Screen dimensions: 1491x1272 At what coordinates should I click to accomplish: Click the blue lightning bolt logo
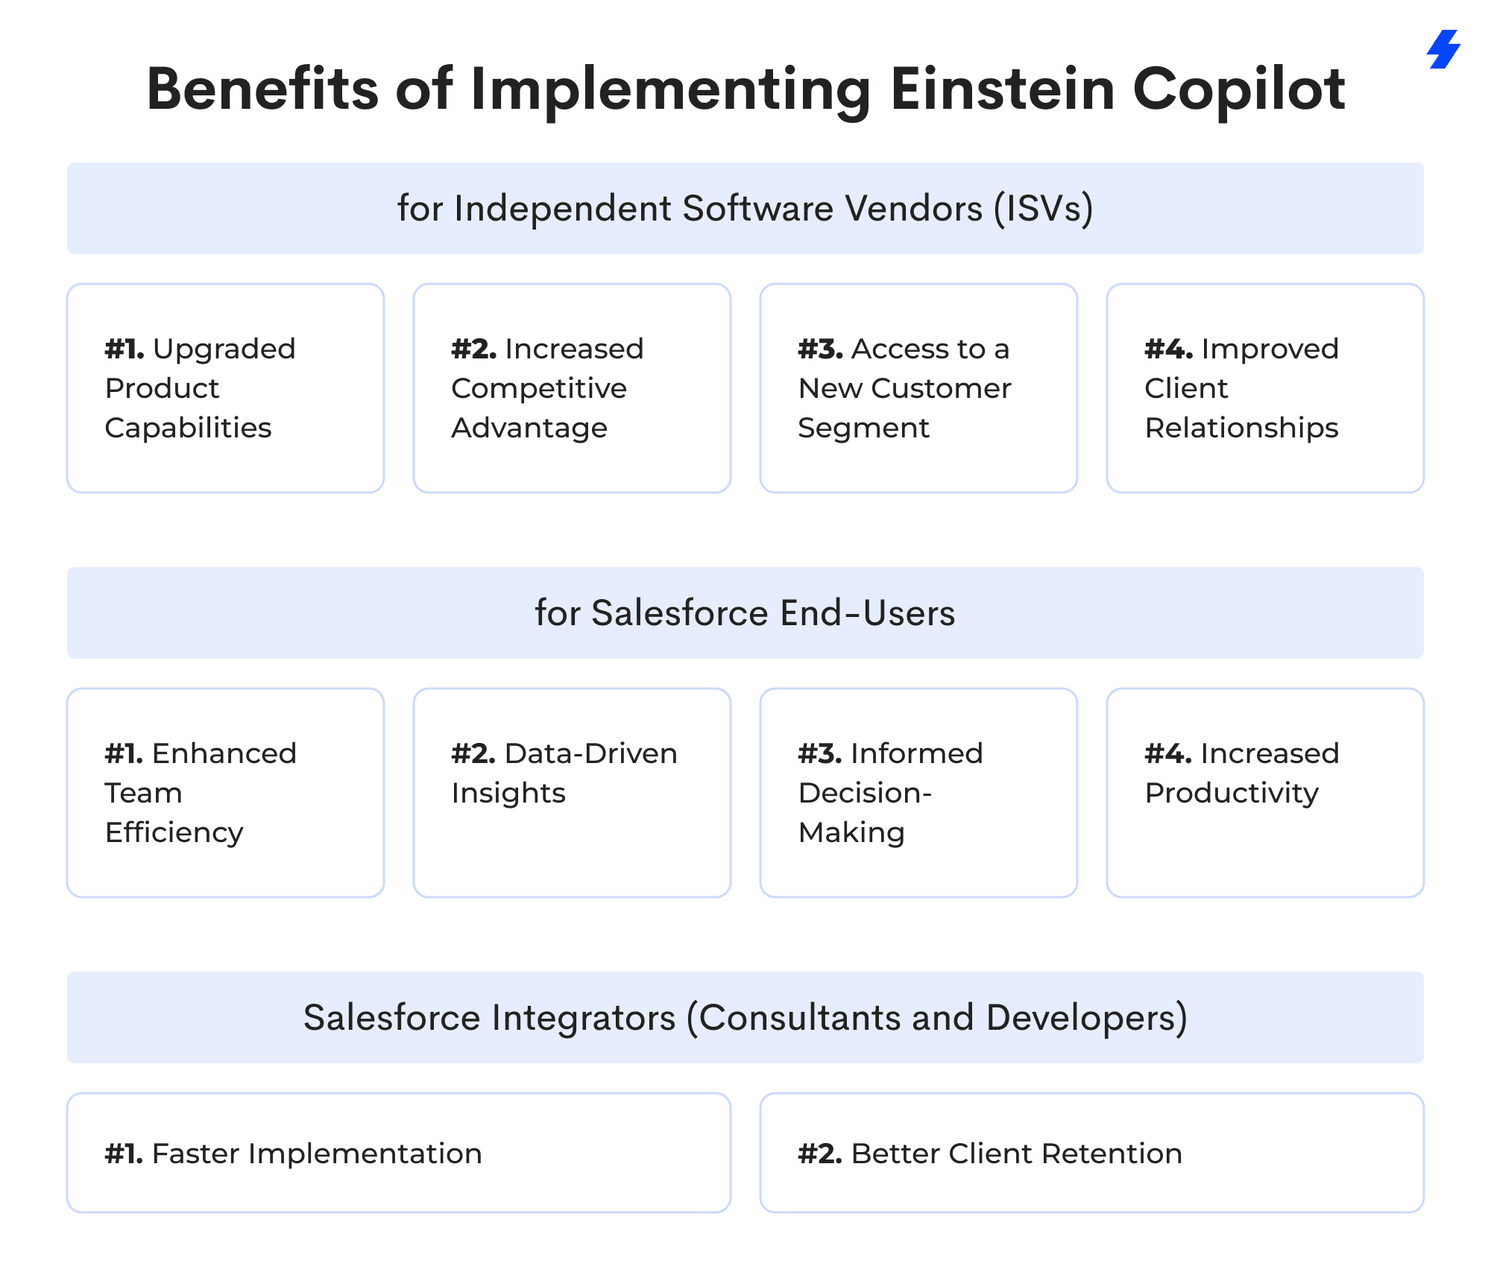[x=1443, y=49]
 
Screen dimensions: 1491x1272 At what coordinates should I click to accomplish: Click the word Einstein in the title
[x=1003, y=89]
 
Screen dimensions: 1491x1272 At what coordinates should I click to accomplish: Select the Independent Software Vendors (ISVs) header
[x=745, y=209]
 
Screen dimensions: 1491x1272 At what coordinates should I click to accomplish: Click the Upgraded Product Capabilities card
[x=226, y=388]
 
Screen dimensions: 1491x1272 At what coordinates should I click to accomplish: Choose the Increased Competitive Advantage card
[x=573, y=388]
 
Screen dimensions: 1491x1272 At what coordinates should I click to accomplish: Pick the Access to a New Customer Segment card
[x=918, y=388]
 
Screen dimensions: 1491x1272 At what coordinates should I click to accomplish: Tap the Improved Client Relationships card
[x=1265, y=388]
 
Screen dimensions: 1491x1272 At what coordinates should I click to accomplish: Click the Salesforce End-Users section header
[x=745, y=613]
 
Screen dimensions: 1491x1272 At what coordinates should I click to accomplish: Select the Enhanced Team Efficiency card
[x=226, y=793]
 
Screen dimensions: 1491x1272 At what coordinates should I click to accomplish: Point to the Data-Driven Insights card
[x=573, y=793]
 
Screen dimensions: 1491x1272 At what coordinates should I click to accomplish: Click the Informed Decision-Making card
[x=918, y=793]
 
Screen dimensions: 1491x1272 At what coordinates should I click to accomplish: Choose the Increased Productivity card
[x=1265, y=793]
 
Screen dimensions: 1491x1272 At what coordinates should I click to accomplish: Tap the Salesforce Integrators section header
[x=745, y=1018]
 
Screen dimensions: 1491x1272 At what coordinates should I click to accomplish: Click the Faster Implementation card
[x=399, y=1153]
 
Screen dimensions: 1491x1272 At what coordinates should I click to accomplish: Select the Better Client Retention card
[x=1092, y=1153]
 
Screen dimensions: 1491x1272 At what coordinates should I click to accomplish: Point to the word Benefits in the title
[x=263, y=89]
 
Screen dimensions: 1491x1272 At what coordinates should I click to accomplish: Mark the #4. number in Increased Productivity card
[x=1168, y=753]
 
